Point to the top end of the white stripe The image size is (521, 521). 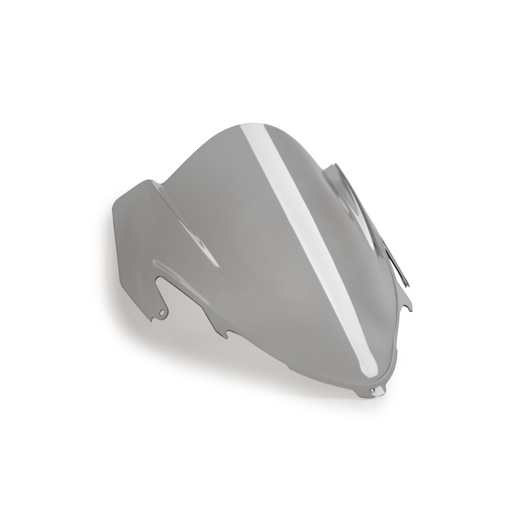pyautogui.click(x=265, y=125)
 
